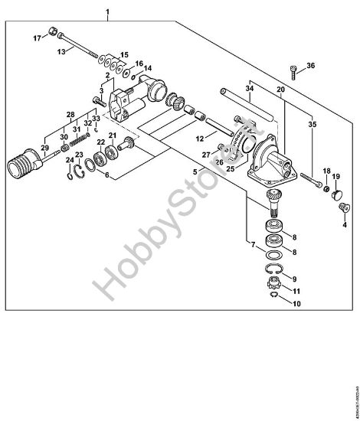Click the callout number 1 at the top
point(108,14)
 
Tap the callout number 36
point(311,66)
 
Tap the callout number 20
point(281,89)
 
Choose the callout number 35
point(311,123)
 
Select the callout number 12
point(199,139)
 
